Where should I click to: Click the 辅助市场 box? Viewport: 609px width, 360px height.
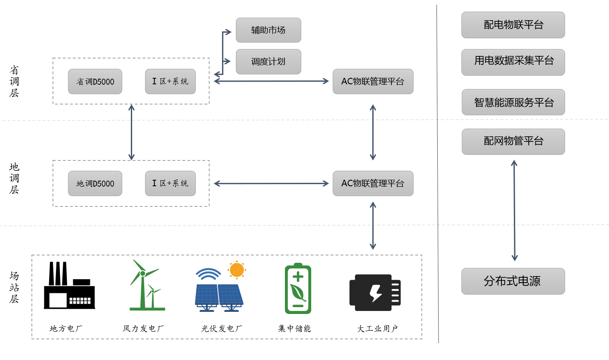click(x=268, y=30)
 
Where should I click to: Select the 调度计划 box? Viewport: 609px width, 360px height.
click(x=268, y=62)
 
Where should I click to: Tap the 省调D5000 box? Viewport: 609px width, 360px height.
click(x=95, y=81)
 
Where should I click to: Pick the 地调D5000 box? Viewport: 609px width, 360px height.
click(x=95, y=184)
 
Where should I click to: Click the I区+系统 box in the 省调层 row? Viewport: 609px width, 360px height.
click(x=170, y=81)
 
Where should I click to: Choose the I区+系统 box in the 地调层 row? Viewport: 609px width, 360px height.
click(x=170, y=184)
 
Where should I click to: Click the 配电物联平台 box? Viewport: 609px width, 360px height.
click(x=513, y=25)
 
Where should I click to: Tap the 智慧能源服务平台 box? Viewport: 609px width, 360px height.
click(x=513, y=102)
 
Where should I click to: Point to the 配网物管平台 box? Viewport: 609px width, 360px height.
click(x=513, y=142)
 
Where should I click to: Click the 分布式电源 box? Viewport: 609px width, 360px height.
click(x=513, y=281)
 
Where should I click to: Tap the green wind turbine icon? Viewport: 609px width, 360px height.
click(x=145, y=286)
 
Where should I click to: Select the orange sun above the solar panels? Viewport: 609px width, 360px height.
click(x=237, y=270)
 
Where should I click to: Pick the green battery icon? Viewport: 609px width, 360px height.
click(x=298, y=289)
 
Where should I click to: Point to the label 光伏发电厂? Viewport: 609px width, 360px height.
click(x=222, y=329)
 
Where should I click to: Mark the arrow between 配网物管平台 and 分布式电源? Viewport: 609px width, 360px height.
click(x=514, y=211)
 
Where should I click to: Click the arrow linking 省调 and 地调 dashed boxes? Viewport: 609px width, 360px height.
click(x=132, y=132)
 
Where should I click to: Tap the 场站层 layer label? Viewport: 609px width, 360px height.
click(x=14, y=287)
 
